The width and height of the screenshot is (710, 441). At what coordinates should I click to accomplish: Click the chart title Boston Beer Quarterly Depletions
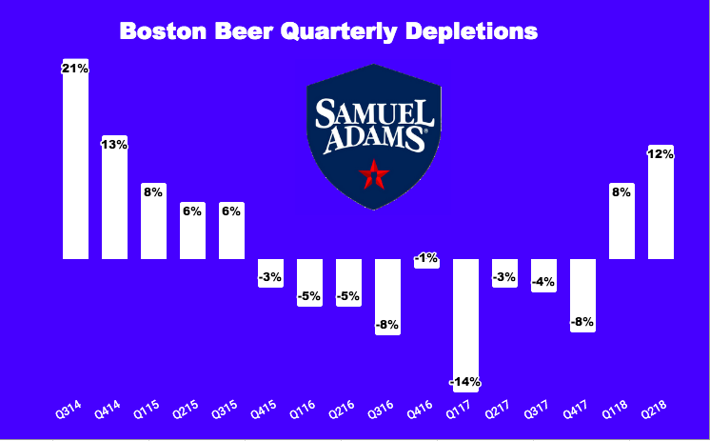pos(328,30)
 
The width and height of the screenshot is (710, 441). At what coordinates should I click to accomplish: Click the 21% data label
pos(75,69)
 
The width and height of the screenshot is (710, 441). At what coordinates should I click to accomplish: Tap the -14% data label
pos(465,383)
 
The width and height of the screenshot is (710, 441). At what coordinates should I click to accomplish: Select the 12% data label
pos(661,154)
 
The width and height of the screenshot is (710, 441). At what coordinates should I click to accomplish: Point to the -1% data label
pos(426,258)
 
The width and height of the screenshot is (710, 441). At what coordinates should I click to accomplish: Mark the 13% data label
pos(114,144)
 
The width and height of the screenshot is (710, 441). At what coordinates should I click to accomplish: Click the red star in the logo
pos(374,174)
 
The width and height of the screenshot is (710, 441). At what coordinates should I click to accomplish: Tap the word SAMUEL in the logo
pos(374,113)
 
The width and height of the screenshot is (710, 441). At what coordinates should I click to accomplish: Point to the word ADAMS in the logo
pos(374,140)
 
